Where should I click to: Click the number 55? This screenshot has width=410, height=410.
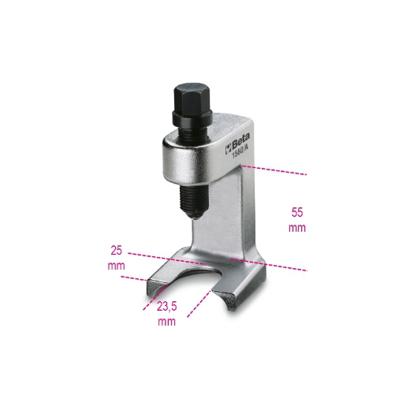point(296,212)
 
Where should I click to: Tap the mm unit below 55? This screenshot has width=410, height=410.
point(296,227)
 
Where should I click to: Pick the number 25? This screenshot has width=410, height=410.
point(117,250)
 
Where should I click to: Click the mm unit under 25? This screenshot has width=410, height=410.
point(117,266)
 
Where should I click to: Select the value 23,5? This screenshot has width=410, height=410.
point(166,307)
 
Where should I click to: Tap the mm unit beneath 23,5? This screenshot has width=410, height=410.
point(166,322)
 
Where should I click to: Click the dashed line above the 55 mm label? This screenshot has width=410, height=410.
point(276,170)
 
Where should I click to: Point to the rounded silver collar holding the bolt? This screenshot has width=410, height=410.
point(182,151)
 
